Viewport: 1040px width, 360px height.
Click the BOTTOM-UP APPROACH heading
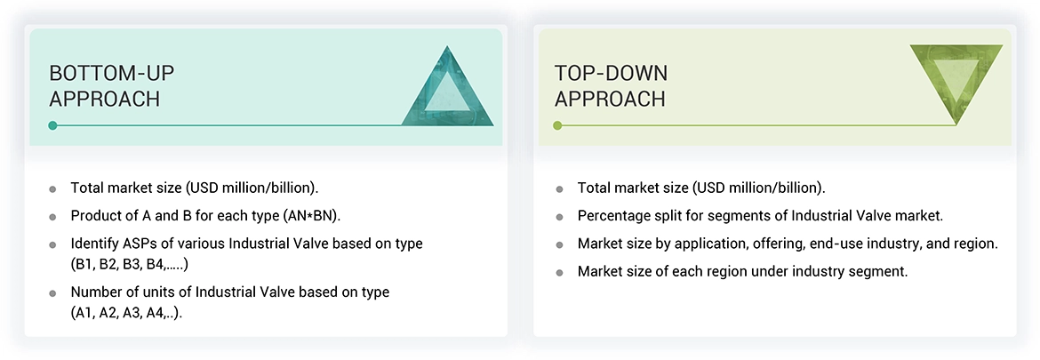coord(105,85)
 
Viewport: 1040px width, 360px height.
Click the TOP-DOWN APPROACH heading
coord(611,85)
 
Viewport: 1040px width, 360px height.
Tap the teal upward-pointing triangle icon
coord(447,86)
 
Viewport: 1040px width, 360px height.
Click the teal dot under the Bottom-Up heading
coord(53,125)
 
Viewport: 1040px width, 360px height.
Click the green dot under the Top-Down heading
coord(557,125)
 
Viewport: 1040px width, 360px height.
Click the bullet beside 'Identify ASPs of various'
coord(53,244)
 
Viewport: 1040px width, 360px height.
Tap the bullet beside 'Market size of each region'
coord(560,272)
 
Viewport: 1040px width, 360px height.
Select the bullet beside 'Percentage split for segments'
coord(560,216)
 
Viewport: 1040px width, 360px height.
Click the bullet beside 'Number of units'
coord(53,292)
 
